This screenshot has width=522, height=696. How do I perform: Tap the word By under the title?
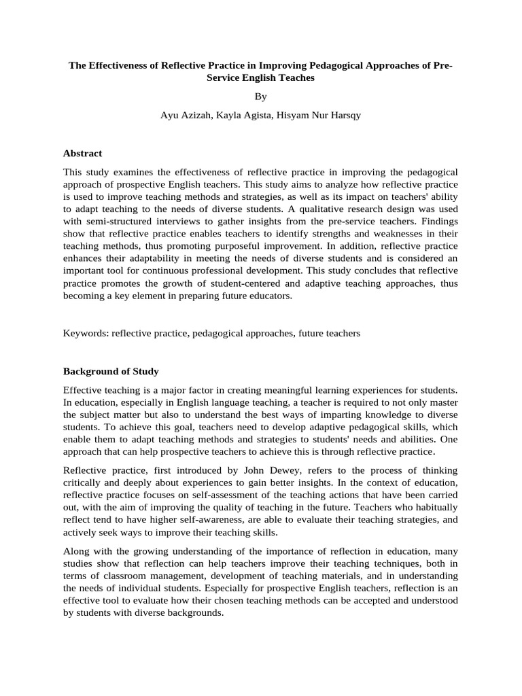pos(261,97)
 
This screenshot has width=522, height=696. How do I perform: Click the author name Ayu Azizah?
pos(184,115)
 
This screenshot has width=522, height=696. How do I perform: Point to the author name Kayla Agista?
pos(243,115)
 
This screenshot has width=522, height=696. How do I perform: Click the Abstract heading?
pos(82,153)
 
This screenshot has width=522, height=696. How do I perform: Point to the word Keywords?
pos(86,333)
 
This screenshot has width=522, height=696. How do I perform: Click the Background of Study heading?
pos(111,371)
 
